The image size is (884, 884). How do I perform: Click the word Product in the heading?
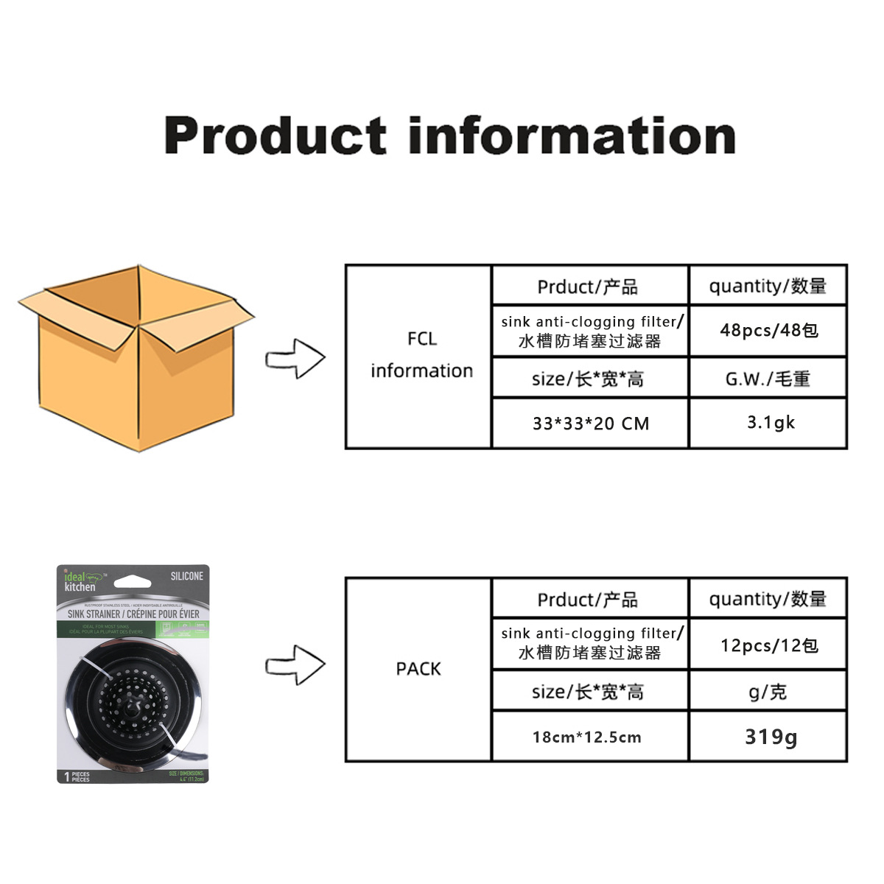pos(275,136)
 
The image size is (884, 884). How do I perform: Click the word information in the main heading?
pos(572,136)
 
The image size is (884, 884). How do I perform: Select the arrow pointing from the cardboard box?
pos(295,359)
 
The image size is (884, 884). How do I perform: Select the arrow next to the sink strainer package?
pos(295,664)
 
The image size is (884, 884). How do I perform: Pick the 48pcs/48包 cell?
pos(768,330)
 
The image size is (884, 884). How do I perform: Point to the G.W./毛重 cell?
pos(768,379)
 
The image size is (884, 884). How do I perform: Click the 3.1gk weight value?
pos(771,423)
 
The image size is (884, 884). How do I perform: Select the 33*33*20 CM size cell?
pos(591,424)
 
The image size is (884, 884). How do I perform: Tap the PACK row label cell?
pos(418,669)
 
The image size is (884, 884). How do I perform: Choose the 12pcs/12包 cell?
pos(768,645)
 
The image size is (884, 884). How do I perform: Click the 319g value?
pos(771,737)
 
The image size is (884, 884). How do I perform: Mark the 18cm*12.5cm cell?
pos(587,737)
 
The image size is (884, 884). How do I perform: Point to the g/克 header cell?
pos(768,692)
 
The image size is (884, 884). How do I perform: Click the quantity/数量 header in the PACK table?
pos(768,599)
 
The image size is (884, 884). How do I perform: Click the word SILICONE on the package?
pos(186,576)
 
